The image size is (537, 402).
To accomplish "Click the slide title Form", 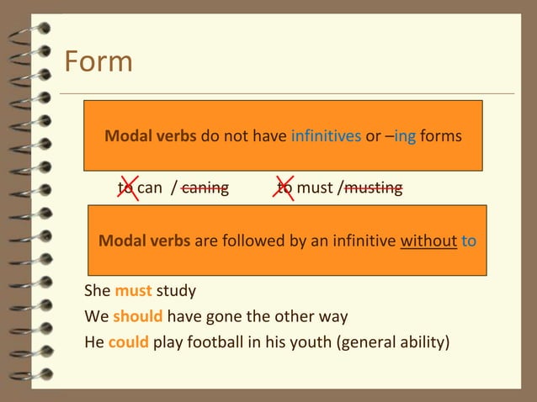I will (98, 61).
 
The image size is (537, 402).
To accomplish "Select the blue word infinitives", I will (326, 135).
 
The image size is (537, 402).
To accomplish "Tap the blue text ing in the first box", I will (405, 135).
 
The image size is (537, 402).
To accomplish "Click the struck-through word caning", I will (205, 187).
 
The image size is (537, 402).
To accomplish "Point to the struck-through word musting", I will (373, 187).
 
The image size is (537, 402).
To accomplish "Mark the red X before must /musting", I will (285, 187).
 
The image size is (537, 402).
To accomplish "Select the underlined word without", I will (428, 241).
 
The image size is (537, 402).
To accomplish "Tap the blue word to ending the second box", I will (469, 241).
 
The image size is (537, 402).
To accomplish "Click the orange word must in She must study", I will (133, 292).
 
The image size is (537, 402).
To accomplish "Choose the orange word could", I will (129, 342).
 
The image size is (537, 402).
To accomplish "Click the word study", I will (176, 292).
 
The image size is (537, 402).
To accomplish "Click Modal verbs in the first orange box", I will (151, 135).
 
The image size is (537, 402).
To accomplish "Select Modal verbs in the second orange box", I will (145, 241).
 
